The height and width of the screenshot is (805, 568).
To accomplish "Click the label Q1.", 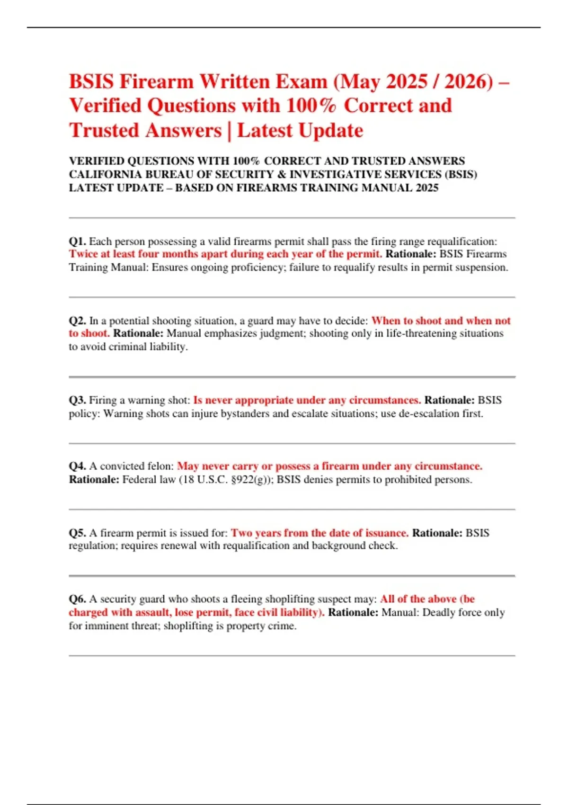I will [77, 241].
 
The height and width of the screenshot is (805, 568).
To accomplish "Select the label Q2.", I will [77, 321].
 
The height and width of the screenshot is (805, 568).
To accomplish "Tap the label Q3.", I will [77, 400].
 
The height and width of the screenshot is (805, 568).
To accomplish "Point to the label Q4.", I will [77, 466].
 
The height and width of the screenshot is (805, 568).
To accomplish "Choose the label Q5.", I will [77, 533].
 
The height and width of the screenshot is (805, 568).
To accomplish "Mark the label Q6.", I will [77, 599].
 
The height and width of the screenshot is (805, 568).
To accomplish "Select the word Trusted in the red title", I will [104, 131].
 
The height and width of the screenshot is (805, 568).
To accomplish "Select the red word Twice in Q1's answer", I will [83, 254].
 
